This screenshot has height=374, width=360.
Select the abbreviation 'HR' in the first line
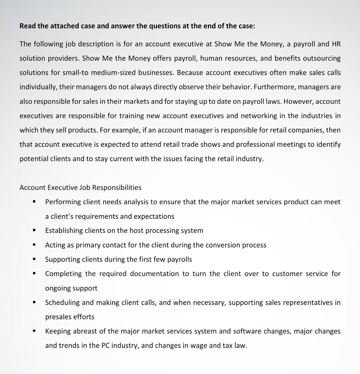tap(336, 44)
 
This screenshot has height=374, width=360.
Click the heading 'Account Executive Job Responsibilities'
tap(80, 188)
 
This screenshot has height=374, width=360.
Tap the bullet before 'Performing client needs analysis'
tap(34, 202)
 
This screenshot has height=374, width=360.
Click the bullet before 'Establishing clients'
tap(34, 231)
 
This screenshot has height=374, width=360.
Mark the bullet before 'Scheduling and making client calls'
tap(34, 303)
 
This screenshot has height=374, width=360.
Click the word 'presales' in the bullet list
tap(58, 317)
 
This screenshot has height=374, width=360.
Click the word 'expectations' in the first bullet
tap(154, 217)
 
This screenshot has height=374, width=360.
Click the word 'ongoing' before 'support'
tap(58, 288)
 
